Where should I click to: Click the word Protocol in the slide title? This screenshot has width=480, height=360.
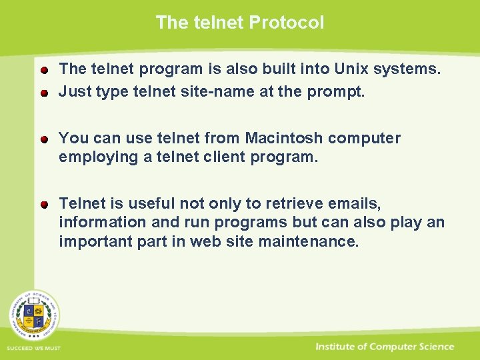287,23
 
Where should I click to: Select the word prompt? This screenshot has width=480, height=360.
335,92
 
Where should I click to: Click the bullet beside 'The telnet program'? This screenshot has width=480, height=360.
43,69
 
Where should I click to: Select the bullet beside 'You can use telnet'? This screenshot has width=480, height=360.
43,139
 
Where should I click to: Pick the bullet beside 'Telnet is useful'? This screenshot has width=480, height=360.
43,203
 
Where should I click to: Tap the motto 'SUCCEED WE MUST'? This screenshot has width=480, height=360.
33,348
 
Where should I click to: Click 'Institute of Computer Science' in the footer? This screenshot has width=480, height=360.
385,347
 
